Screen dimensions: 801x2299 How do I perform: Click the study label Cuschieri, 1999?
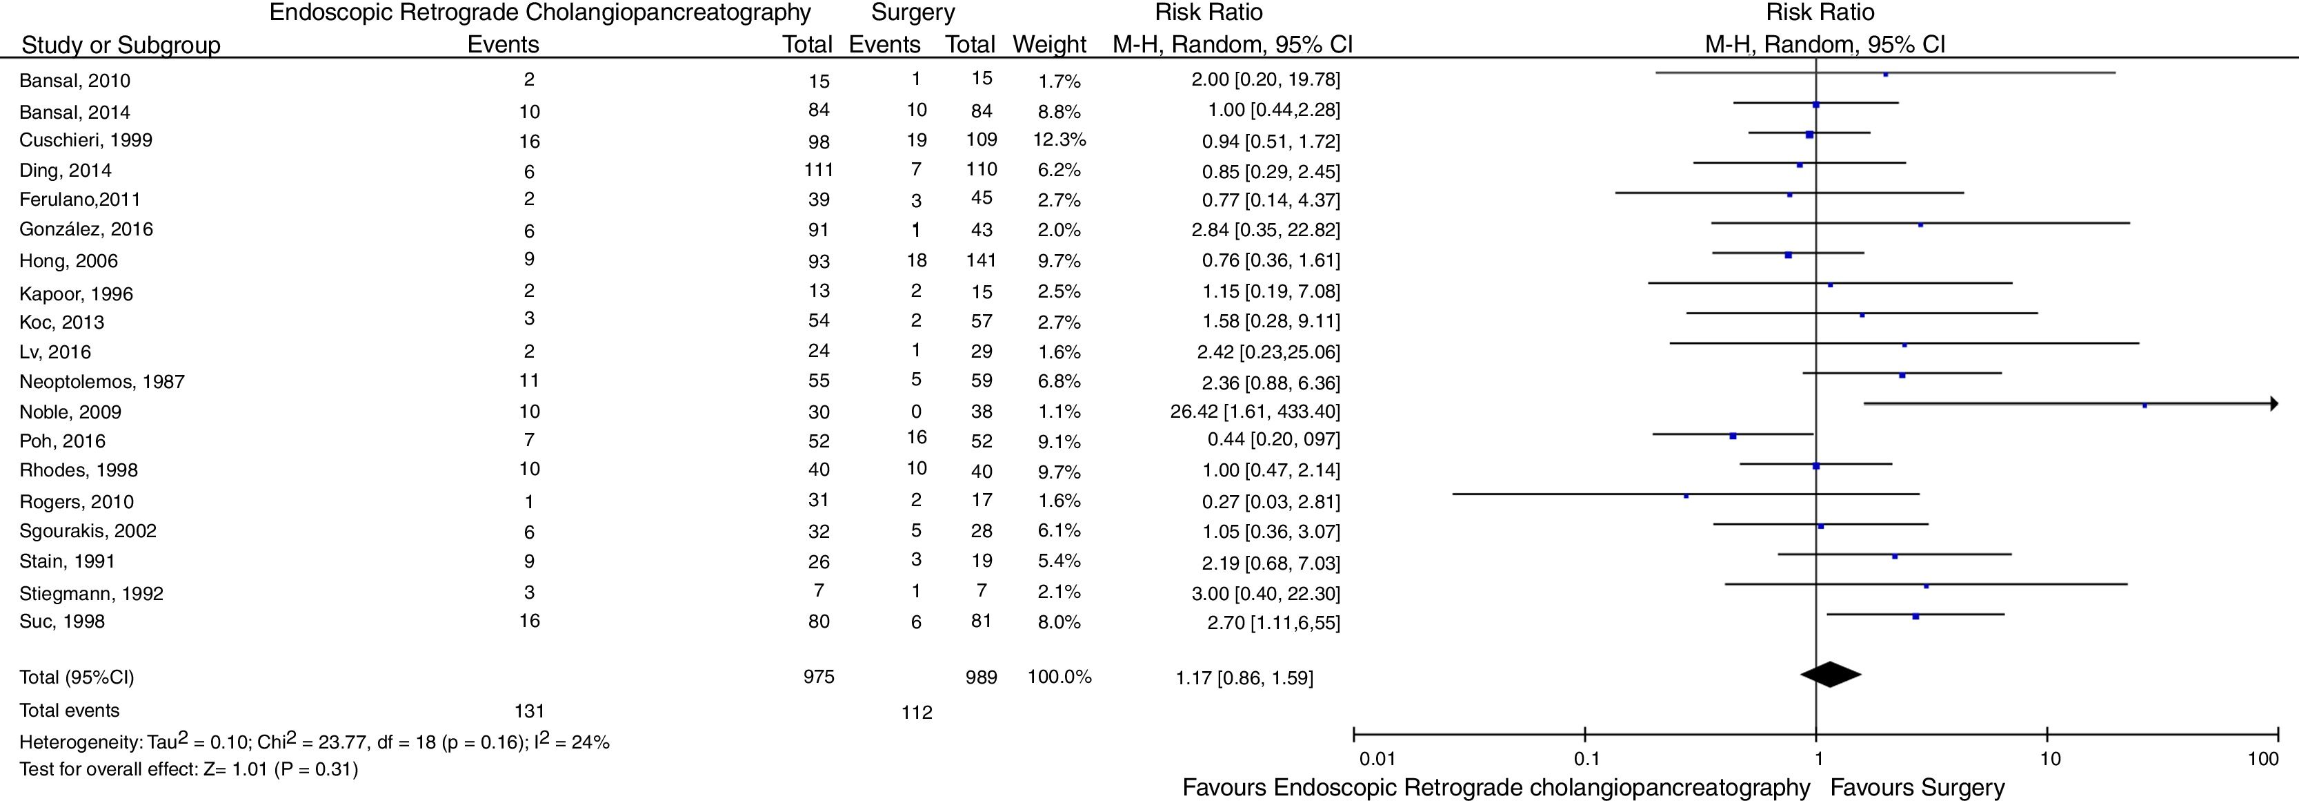tap(86, 140)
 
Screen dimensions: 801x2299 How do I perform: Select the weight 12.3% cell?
tap(1059, 140)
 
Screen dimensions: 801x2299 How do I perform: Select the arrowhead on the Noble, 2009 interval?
tap(2273, 404)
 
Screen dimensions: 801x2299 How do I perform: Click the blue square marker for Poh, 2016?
tap(1732, 436)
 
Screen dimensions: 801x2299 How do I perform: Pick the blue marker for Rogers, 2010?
tap(1686, 496)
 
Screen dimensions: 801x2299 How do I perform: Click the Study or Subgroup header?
tap(121, 45)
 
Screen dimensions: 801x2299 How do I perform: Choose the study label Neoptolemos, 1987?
tap(102, 382)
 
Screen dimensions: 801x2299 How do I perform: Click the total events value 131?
tap(529, 711)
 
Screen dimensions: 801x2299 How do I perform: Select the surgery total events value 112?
tap(916, 713)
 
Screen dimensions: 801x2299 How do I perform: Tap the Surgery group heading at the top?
tap(913, 13)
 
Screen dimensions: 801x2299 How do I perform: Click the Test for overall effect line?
tap(188, 769)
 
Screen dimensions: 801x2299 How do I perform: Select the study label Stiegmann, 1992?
tap(91, 594)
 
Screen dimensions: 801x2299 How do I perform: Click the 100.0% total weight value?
tap(1059, 677)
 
